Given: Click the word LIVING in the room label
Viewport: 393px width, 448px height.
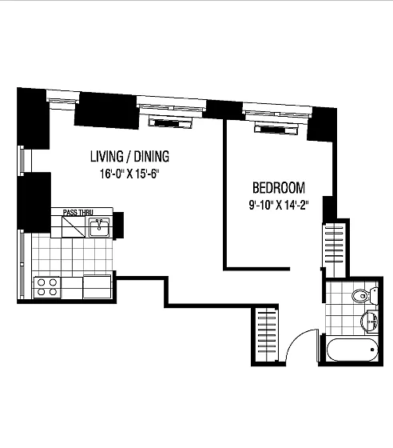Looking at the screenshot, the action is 107,156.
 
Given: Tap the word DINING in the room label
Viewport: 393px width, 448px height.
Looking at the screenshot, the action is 152,156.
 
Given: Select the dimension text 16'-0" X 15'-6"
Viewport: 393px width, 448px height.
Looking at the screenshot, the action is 129,174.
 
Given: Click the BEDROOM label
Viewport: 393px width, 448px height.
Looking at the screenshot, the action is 279,188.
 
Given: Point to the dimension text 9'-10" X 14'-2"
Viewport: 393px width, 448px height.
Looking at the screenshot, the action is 279,205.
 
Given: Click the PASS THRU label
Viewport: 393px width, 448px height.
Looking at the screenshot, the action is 77,212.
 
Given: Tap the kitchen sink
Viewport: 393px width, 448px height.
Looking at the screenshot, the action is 99,227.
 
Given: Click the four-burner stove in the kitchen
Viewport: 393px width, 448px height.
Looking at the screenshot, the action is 47,287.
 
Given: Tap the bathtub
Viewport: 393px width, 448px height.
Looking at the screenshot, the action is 352,350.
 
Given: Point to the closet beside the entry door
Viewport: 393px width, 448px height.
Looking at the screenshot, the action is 266,335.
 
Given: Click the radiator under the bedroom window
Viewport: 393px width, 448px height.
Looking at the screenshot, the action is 276,128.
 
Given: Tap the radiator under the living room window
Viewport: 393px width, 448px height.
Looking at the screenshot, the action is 170,122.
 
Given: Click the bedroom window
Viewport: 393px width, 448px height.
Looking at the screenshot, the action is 277,111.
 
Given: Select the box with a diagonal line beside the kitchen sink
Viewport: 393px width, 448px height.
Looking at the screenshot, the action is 73,226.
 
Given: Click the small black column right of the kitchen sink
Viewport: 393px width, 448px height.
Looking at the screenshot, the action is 118,225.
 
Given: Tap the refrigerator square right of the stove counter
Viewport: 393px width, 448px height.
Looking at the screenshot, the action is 97,287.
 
